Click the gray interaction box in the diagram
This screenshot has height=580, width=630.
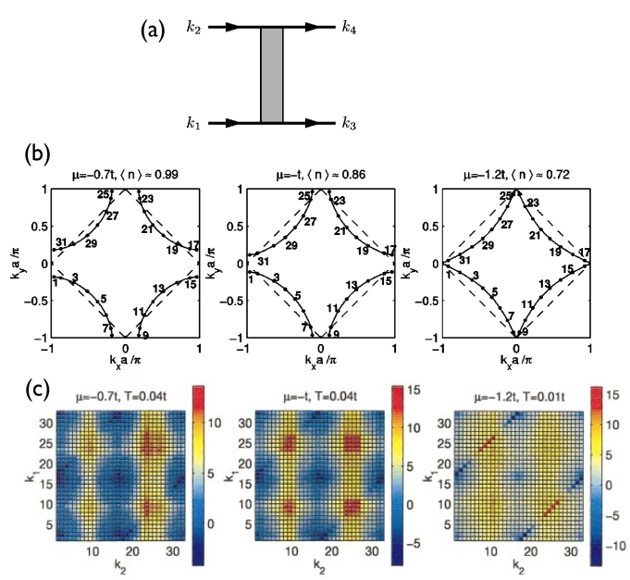(271, 75)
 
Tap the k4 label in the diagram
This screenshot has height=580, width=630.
(352, 28)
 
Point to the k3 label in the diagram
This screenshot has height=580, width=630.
(352, 122)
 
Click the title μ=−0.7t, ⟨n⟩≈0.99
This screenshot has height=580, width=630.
(125, 175)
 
